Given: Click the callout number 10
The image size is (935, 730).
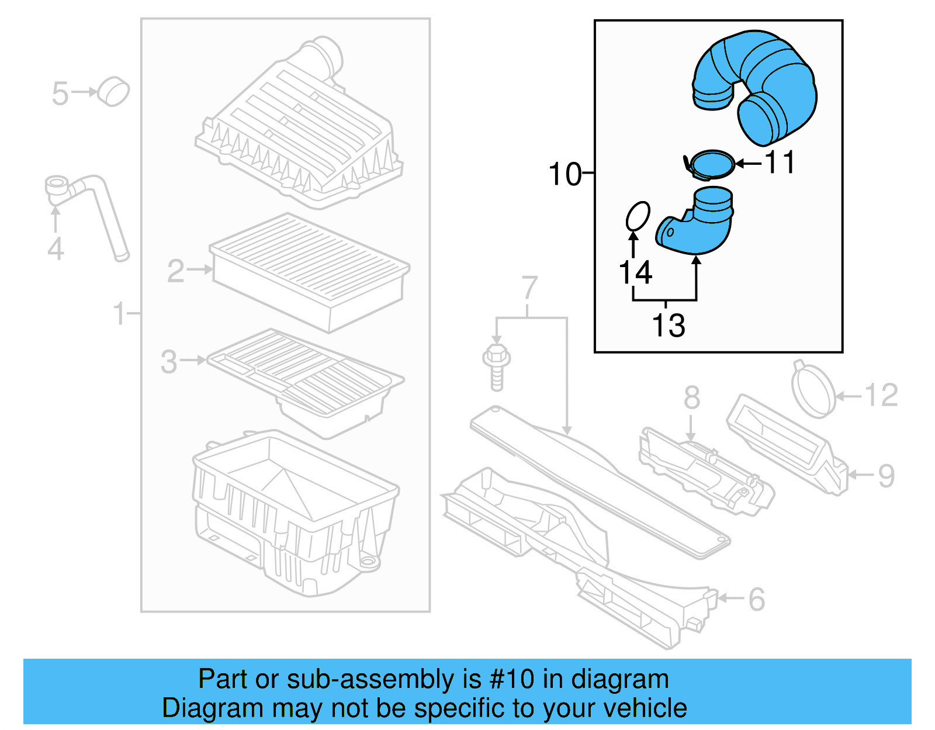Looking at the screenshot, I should coord(565,174).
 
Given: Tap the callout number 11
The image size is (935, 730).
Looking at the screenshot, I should coord(780,162).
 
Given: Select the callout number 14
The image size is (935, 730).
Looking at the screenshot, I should coord(635,272).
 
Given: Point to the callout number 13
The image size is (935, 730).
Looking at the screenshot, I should coord(668,326).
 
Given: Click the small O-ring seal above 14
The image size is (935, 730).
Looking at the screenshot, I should coord(637,216).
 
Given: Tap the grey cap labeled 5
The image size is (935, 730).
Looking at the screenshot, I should coord(113,91).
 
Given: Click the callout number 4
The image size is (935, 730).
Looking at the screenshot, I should coord(56,249).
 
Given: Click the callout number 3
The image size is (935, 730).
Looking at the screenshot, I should coord(168,362).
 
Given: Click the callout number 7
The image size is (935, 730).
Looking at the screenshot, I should coord(529,288).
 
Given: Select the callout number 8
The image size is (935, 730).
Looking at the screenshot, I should coord(691,397).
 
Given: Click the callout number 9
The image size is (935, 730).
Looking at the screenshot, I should coord(886,476).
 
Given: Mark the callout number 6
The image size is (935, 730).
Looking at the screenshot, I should coord(756,599).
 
